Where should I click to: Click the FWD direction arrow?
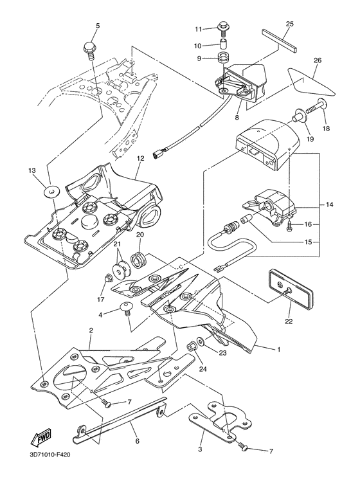tap(40, 438)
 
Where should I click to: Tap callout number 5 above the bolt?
tap(98, 26)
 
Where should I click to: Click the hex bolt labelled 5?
tap(90, 51)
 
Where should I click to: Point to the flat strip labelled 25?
tap(280, 41)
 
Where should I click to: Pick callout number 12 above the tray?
tap(140, 158)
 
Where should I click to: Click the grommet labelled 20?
tap(139, 260)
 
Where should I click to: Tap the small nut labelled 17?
tap(109, 278)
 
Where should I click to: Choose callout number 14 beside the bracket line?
tap(329, 204)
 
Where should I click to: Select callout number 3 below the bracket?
tap(200, 449)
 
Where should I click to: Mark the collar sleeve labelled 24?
tap(192, 346)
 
